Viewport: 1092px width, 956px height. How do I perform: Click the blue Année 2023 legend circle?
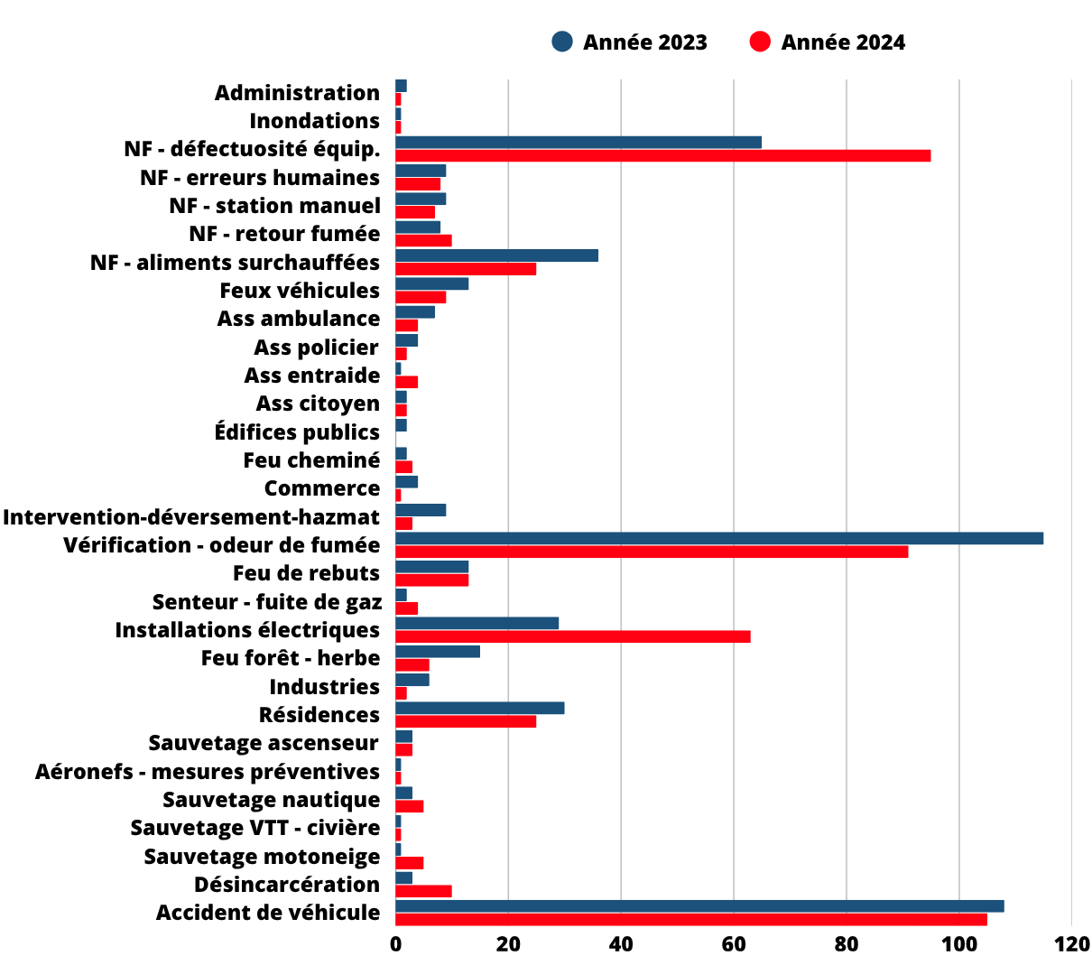tap(562, 42)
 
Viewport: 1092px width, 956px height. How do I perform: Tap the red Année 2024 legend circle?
tap(760, 42)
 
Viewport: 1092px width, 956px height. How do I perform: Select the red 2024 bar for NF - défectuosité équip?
tap(663, 156)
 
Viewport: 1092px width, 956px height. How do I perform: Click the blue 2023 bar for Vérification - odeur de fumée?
tap(719, 538)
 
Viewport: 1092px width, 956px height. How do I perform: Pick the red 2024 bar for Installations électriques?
tap(573, 636)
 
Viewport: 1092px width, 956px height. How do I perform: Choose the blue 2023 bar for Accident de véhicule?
tap(699, 905)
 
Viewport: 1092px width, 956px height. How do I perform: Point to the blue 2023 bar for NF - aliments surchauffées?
tap(497, 255)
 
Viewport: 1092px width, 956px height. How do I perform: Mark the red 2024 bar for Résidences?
tap(466, 721)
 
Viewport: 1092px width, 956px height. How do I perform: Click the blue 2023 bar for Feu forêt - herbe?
tap(438, 651)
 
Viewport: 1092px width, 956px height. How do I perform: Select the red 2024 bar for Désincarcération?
tap(424, 891)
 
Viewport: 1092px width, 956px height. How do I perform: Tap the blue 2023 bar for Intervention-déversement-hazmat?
tap(421, 510)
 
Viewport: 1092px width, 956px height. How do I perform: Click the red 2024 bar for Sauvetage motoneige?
tap(410, 863)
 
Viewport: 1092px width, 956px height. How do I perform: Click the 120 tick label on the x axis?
tap(1071, 943)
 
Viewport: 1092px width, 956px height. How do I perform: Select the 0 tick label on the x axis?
tap(395, 943)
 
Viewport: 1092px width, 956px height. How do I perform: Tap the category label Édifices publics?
tap(297, 432)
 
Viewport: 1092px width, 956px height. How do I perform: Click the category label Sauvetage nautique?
tap(272, 800)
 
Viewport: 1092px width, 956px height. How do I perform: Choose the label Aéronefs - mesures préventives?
tap(208, 771)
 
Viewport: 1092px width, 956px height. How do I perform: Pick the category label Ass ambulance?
tap(299, 319)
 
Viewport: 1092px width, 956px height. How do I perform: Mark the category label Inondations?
tap(314, 121)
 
